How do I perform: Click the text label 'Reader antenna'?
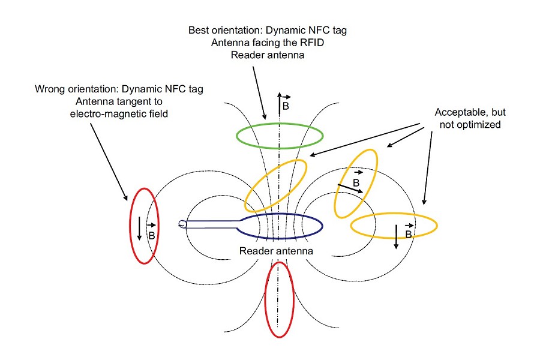pyautogui.click(x=276, y=250)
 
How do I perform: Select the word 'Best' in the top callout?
pyautogui.click(x=199, y=29)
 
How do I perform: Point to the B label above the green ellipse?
pyautogui.click(x=286, y=106)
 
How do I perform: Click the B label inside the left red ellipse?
pyautogui.click(x=151, y=235)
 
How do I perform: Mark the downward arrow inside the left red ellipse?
pyautogui.click(x=139, y=229)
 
